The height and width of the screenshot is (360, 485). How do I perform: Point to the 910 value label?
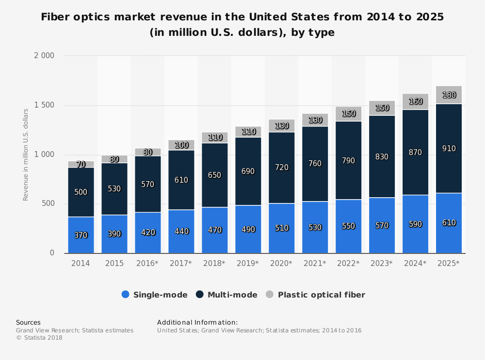449,149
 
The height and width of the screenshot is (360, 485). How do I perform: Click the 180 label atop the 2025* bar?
449,95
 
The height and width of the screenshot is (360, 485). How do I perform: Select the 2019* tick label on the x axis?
248,264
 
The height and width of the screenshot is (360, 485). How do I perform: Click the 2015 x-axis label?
114,264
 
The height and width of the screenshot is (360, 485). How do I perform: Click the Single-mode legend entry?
154,295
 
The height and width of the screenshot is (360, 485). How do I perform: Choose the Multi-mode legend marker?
199,295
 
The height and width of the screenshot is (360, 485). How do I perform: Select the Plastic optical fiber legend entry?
315,295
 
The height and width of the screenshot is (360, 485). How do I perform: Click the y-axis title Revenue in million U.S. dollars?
26,155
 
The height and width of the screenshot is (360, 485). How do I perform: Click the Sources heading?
28,322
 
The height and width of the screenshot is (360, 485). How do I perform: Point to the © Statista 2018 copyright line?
39,338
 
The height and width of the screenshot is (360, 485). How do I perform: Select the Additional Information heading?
197,322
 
